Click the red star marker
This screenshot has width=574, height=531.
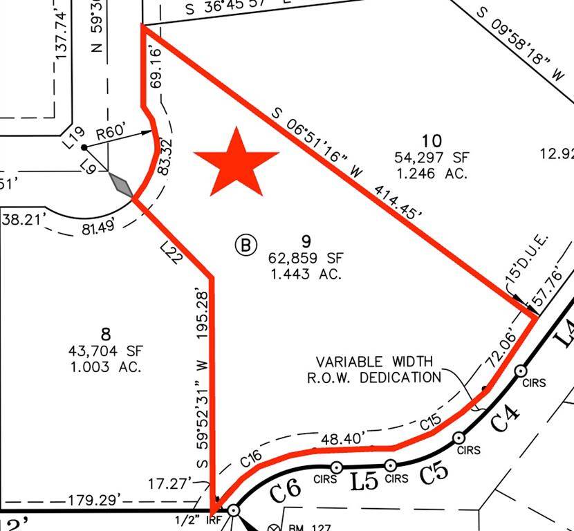click(237, 164)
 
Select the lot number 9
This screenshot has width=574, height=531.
click(306, 241)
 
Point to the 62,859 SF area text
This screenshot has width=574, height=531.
click(306, 258)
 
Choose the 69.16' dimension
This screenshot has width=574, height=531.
click(156, 66)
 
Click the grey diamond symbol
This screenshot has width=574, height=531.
click(122, 185)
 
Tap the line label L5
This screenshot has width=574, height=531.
click(364, 481)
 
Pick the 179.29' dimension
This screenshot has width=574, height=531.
click(95, 499)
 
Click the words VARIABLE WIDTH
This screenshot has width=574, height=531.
click(374, 362)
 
